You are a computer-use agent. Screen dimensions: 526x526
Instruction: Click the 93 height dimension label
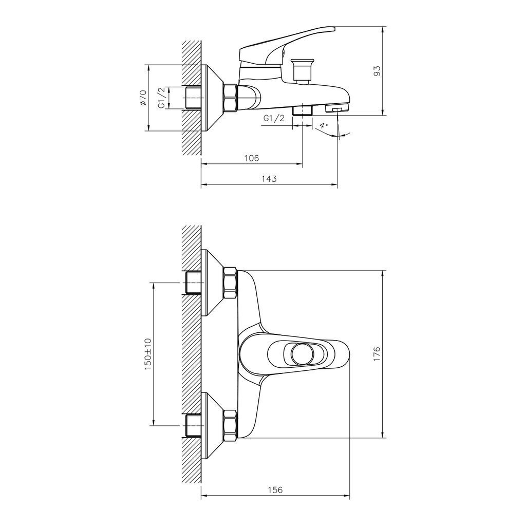pos(378,71)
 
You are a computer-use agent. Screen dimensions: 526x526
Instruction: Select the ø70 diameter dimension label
pos(143,98)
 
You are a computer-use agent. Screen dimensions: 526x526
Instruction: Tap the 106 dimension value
pos(252,158)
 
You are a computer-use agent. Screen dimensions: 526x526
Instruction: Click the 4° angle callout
pos(323,126)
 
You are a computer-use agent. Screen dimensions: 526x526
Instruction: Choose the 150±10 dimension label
pos(148,354)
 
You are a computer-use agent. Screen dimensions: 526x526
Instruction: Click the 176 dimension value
pos(377,354)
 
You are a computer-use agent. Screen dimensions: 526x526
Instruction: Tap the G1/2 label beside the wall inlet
pos(162,98)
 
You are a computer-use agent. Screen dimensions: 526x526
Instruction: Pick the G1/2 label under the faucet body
pos(274,118)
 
